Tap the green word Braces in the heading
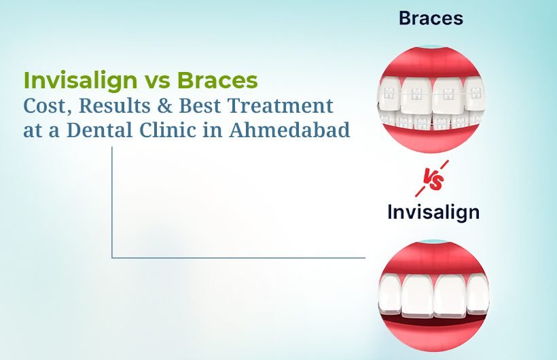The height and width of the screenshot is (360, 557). coord(218,81)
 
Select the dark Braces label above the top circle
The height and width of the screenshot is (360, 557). coord(431,18)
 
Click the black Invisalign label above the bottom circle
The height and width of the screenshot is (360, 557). coord(433,212)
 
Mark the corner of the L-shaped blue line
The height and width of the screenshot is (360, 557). coord(112,257)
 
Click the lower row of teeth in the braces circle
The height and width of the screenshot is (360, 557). coord(431,123)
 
